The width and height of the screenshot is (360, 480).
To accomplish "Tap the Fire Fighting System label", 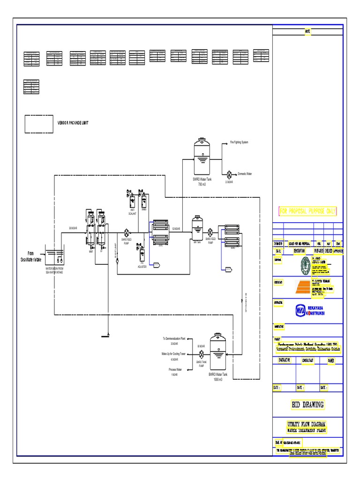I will [x=239, y=142].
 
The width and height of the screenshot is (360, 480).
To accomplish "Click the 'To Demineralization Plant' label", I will [x=174, y=338].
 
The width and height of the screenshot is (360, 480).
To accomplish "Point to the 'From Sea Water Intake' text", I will [x=30, y=256].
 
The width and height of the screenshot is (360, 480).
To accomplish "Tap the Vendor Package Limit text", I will [x=73, y=123].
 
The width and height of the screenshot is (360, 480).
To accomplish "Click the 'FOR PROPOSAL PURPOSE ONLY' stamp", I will [x=308, y=211].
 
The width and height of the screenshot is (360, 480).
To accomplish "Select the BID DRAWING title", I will [x=308, y=405].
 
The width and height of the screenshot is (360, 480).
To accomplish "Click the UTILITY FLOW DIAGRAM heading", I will [x=307, y=424].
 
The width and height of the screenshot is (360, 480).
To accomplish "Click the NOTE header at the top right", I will [x=308, y=31].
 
